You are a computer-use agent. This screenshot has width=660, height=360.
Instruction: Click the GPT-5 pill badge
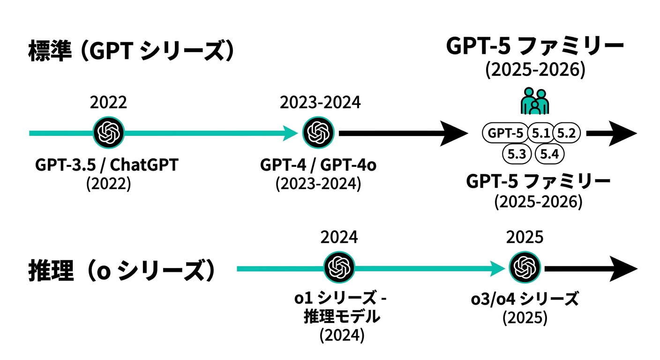coord(505,134)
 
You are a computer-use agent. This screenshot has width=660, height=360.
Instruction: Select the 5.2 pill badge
coord(566,134)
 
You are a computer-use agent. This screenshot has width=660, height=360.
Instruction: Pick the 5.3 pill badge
coord(517,154)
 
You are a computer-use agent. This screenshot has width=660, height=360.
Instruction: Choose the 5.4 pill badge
coord(549,154)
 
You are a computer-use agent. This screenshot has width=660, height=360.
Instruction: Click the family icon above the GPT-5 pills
coord(534,100)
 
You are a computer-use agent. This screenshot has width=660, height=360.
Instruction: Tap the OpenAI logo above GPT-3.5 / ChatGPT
coord(109,133)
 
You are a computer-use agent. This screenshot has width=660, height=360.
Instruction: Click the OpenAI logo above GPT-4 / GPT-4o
coord(318,133)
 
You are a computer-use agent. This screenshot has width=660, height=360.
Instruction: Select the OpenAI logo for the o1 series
coord(339,269)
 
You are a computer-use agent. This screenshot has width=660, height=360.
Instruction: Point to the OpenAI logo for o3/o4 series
coord(525,269)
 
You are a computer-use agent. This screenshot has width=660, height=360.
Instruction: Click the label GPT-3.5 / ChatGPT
coord(107,165)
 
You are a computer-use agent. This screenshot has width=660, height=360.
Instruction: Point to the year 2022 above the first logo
coord(108,102)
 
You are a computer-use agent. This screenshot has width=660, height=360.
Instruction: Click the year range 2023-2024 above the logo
coord(320,102)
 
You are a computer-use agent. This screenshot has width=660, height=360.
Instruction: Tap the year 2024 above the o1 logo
coord(339,237)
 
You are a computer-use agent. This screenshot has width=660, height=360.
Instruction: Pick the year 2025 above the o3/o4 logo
coord(525,237)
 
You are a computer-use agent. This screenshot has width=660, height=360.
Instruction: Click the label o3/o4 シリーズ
coord(525,299)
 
